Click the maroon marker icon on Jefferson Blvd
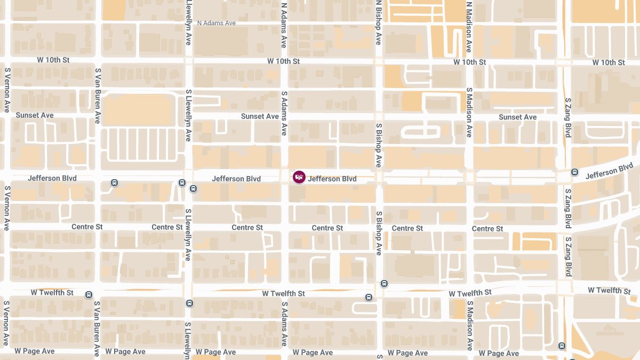(299, 177)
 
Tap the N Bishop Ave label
(378, 22)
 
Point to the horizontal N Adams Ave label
(216, 23)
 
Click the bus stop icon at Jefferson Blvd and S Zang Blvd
(574, 172)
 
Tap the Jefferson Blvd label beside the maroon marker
(332, 179)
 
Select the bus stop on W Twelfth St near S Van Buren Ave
(89, 294)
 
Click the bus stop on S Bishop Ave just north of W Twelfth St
(385, 284)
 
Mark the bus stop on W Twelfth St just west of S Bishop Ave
(369, 297)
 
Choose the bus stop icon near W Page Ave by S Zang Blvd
(562, 346)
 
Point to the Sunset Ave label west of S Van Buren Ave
(35, 115)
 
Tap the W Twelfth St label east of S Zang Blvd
(609, 290)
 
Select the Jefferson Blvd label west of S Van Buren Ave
(52, 178)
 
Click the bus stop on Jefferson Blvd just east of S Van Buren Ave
(114, 183)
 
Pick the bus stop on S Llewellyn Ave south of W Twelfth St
(189, 303)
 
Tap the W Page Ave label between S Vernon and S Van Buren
(35, 351)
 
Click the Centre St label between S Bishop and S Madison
(407, 228)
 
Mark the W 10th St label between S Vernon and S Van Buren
(53, 60)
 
